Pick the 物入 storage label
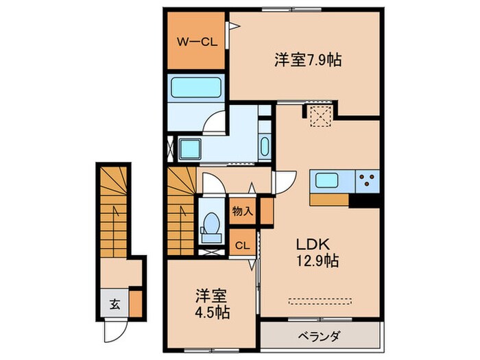(x=243, y=211)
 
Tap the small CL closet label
(x=242, y=245)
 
